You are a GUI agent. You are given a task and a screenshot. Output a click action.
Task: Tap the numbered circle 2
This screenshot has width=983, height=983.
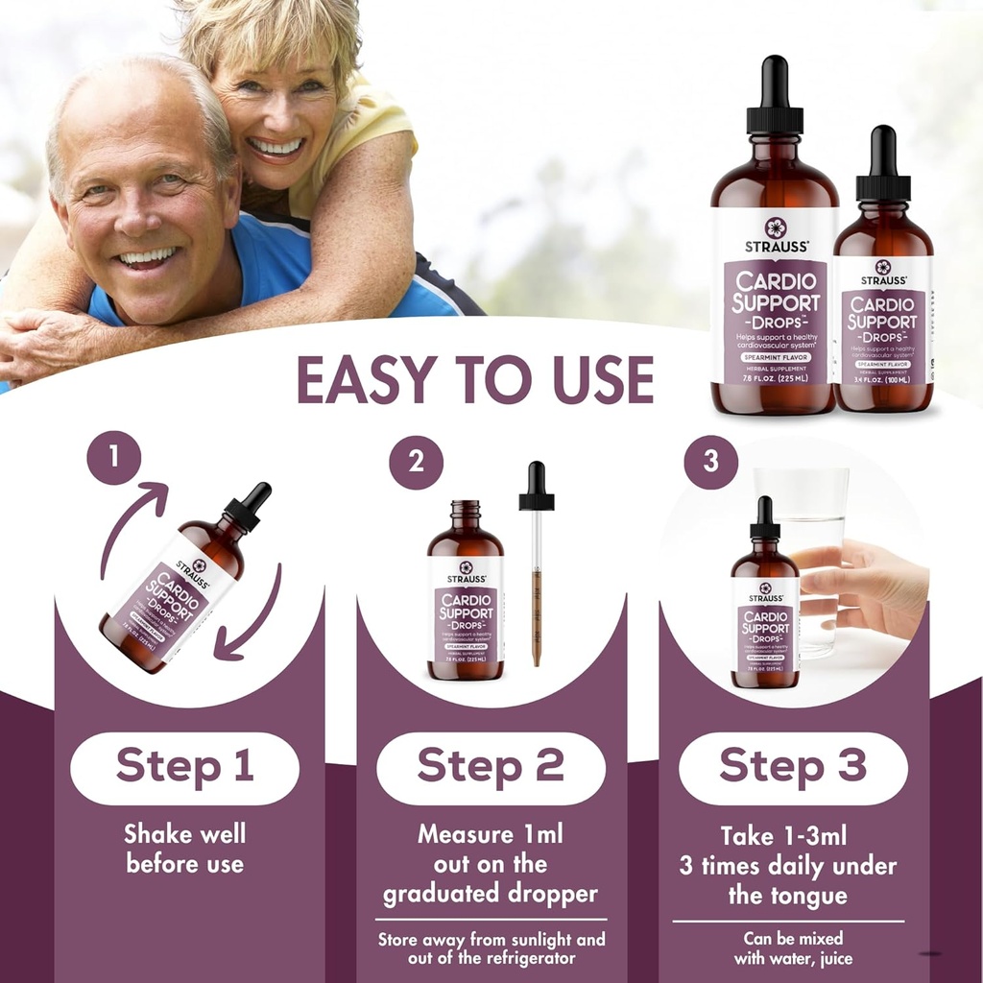click(x=416, y=462)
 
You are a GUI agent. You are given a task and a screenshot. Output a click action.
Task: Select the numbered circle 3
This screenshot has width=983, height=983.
click(x=710, y=462)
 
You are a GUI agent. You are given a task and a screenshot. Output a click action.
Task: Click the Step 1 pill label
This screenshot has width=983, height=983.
click(x=184, y=767)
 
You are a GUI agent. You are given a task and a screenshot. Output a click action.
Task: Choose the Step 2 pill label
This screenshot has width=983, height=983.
click(x=490, y=767)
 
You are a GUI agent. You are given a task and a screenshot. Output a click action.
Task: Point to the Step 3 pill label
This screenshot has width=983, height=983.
click(x=793, y=767)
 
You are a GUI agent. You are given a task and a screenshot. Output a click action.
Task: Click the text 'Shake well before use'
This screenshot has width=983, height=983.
click(x=184, y=848)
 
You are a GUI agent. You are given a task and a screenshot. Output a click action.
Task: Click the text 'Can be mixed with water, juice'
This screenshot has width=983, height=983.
click(x=793, y=948)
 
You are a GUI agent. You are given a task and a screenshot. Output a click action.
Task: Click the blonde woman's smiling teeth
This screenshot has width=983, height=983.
click(x=276, y=147)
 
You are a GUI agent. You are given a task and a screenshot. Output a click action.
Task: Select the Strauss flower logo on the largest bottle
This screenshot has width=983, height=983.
click(x=774, y=228)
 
